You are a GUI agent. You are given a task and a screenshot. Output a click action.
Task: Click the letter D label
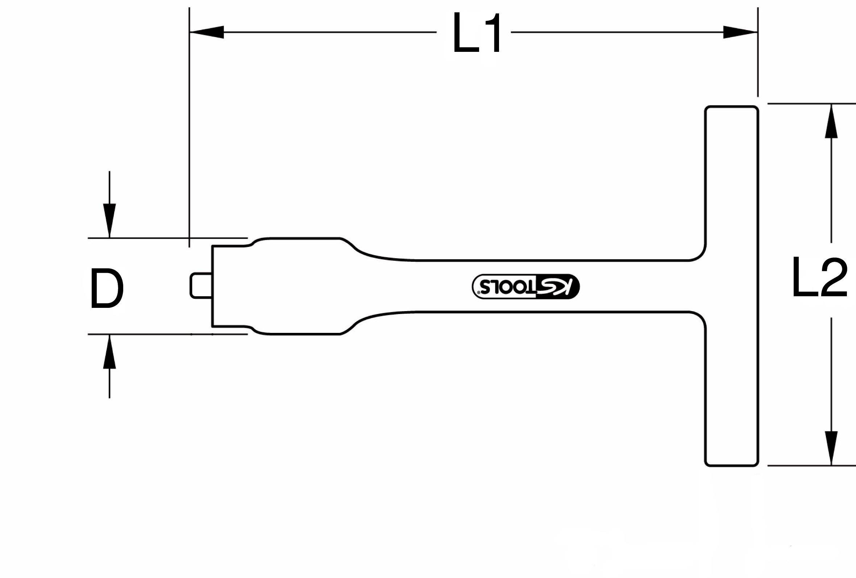[x=107, y=289]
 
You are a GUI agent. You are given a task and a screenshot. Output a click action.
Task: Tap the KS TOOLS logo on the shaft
[x=525, y=286]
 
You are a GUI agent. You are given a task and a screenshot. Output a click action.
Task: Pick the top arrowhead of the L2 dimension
[x=831, y=121]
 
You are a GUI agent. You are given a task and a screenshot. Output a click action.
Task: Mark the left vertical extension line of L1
[x=189, y=129]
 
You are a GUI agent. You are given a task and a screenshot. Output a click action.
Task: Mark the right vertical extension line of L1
[x=758, y=51]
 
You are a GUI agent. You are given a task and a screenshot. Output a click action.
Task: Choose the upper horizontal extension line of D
[x=166, y=238]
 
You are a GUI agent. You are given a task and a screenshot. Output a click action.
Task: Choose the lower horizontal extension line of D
[x=166, y=334]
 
